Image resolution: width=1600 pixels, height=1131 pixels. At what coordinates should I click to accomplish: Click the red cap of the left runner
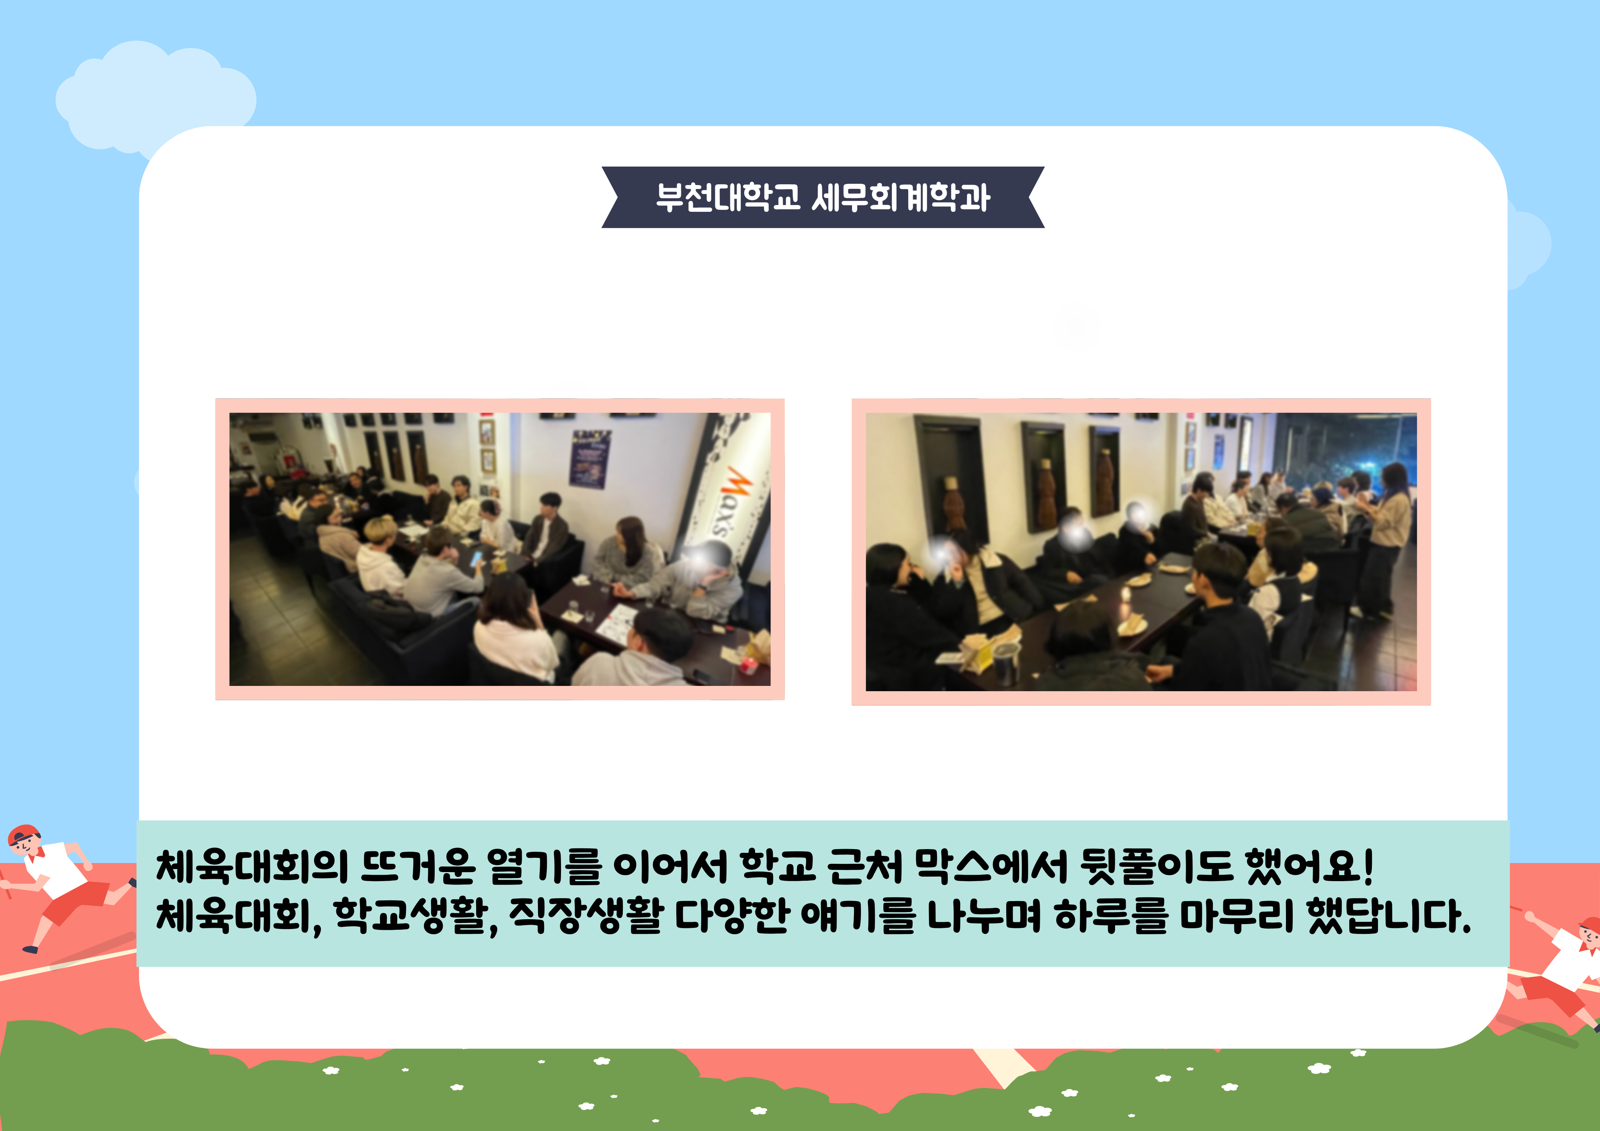click(x=25, y=834)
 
